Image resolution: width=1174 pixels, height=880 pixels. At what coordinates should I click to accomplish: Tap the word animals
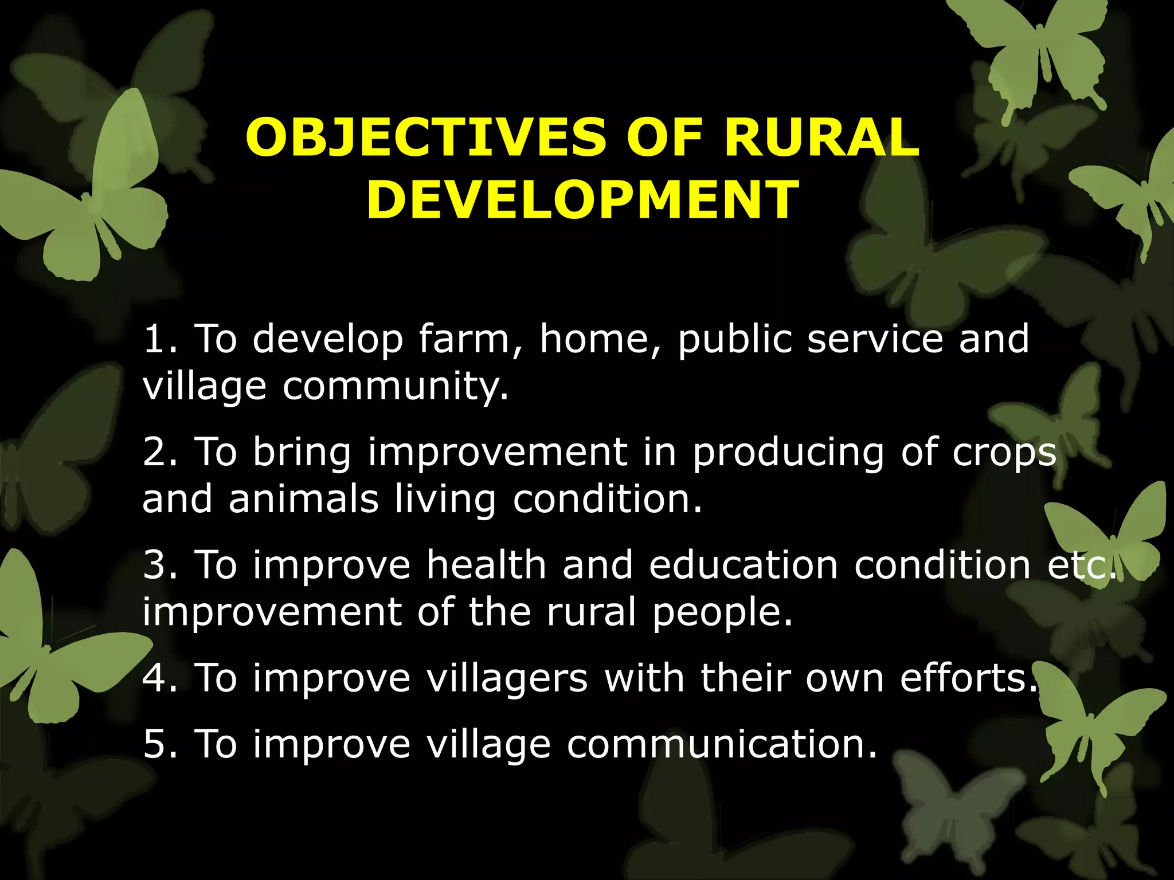point(303,499)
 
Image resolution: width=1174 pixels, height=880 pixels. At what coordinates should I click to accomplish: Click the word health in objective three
point(486,565)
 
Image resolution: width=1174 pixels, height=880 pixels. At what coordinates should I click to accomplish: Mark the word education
point(743,565)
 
